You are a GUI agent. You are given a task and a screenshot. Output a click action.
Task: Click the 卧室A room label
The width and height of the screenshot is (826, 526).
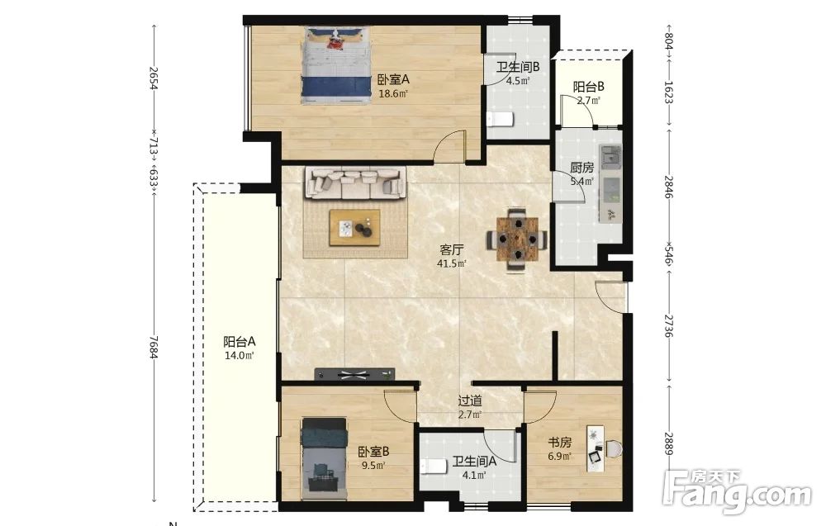(x=393, y=79)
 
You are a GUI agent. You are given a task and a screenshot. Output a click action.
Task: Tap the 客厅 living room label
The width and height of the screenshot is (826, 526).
(x=452, y=249)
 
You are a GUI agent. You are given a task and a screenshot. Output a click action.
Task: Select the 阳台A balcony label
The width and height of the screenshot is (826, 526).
(x=240, y=341)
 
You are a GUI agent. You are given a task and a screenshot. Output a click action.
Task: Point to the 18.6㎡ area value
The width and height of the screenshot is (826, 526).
(x=393, y=93)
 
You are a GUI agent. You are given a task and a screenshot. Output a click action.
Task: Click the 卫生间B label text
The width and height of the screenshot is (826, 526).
(x=518, y=68)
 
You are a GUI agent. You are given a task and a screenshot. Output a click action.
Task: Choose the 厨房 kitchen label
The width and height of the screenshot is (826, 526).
(x=582, y=168)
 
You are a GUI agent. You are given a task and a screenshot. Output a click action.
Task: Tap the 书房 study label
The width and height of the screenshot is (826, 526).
(x=559, y=443)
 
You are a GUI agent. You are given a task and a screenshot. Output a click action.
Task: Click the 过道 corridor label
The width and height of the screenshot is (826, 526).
(x=470, y=401)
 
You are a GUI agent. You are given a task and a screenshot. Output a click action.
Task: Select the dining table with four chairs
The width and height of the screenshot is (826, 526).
(x=516, y=239)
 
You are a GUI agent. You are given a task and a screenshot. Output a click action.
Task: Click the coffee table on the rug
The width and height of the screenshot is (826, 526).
(x=354, y=227)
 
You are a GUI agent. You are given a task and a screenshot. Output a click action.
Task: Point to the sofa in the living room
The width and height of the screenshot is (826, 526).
(x=355, y=183)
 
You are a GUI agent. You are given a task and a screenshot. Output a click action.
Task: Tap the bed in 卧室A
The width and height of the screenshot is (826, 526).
(x=335, y=66)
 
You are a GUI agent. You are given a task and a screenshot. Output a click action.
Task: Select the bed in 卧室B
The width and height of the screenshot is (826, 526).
(x=325, y=458)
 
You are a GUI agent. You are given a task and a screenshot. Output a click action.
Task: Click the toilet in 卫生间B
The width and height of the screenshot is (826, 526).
(x=500, y=120)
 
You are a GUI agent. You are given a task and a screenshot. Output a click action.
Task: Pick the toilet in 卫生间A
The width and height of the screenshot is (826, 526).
(x=435, y=467)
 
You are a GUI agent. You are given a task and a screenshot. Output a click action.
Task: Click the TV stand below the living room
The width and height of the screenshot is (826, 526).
(x=354, y=374)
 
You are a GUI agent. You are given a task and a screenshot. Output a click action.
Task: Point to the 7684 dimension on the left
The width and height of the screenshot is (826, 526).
(x=154, y=347)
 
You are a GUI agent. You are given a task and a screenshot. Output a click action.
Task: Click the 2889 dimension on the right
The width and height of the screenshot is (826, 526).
(x=668, y=444)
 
